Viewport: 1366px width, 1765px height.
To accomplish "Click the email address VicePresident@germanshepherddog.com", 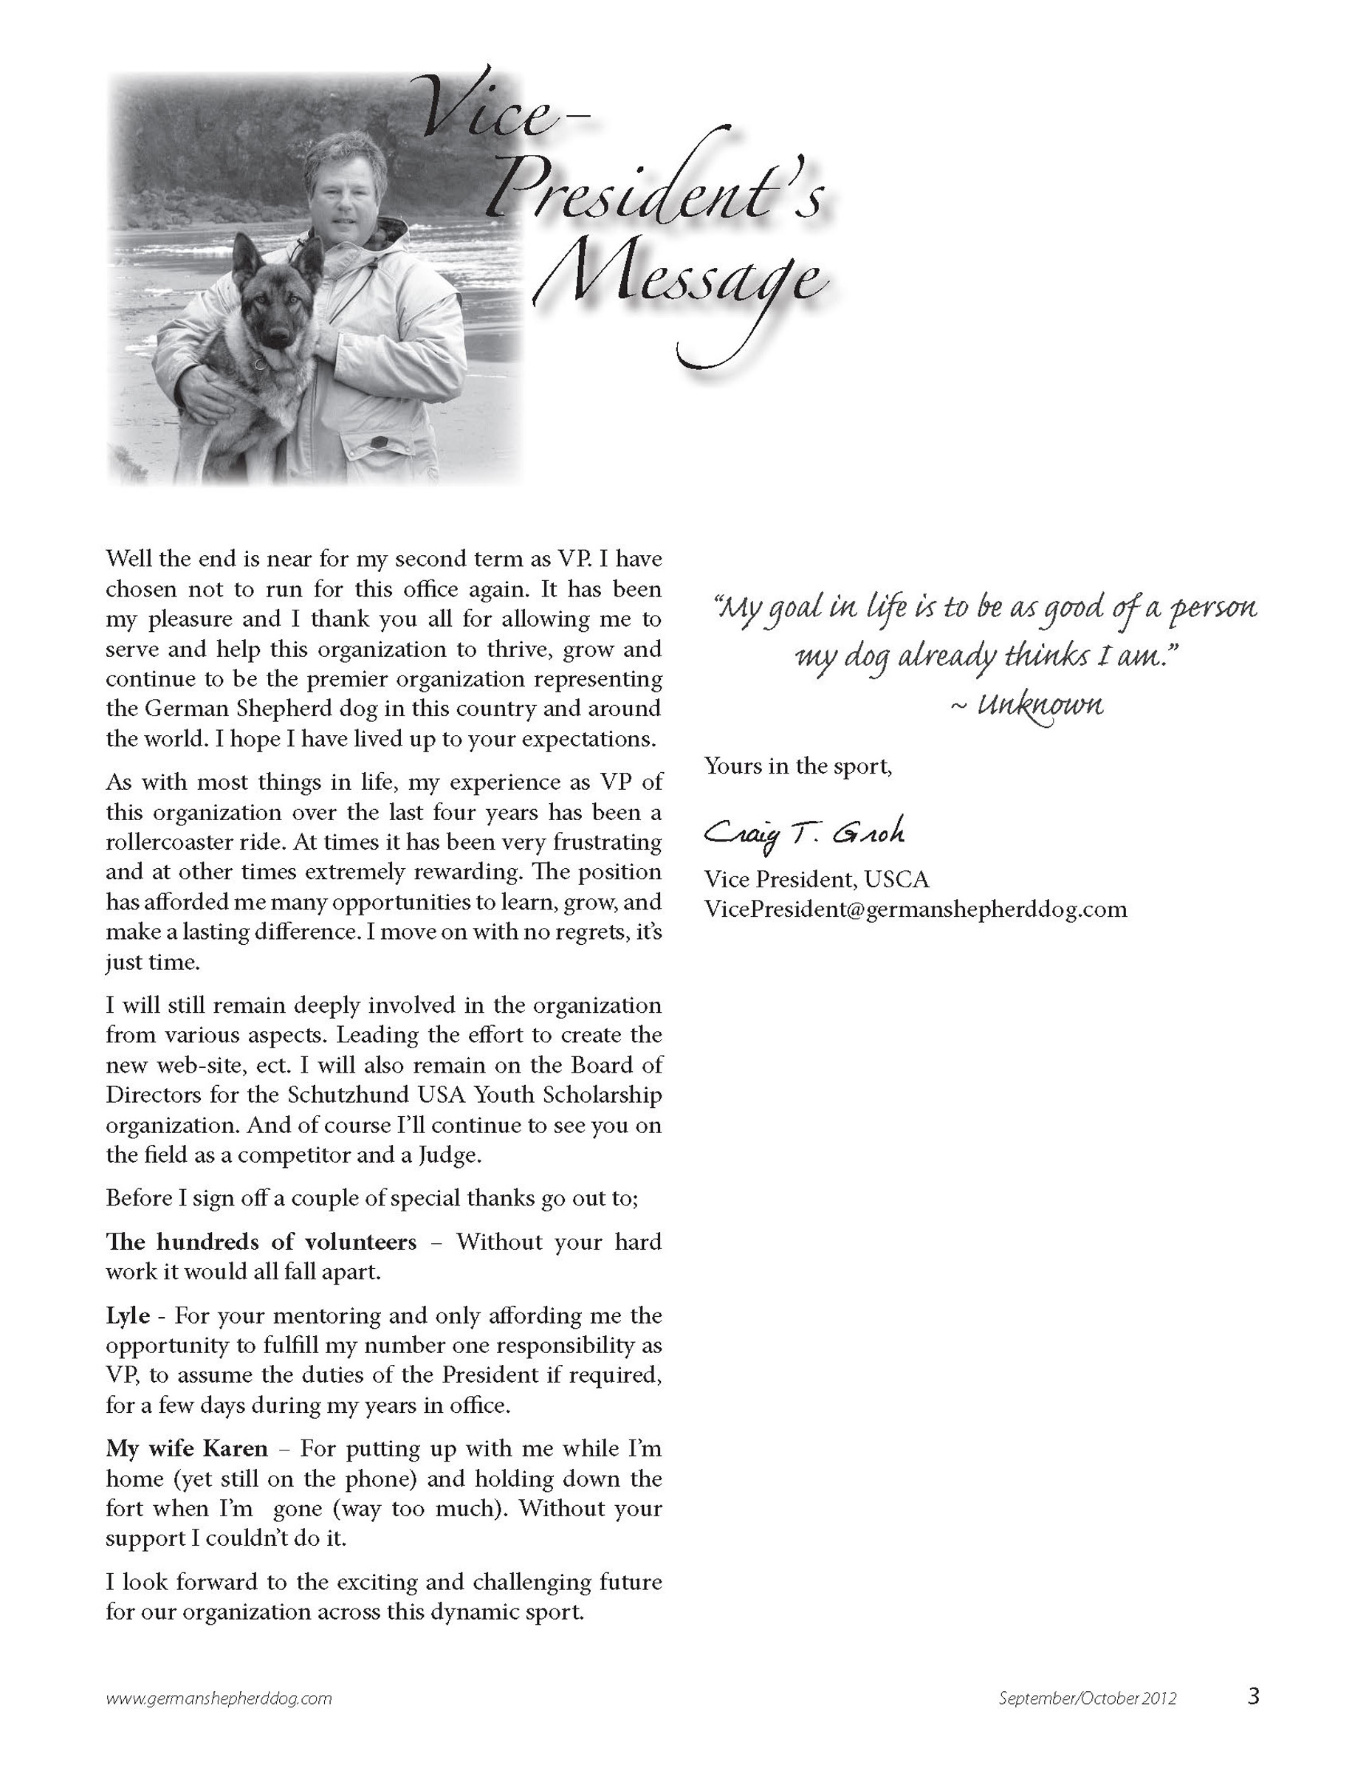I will [915, 909].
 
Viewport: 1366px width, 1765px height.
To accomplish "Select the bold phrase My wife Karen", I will [187, 1449].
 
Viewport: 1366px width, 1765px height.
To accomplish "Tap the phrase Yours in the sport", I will [797, 765].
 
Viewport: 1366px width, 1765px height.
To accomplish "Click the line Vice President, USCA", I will [817, 879].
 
